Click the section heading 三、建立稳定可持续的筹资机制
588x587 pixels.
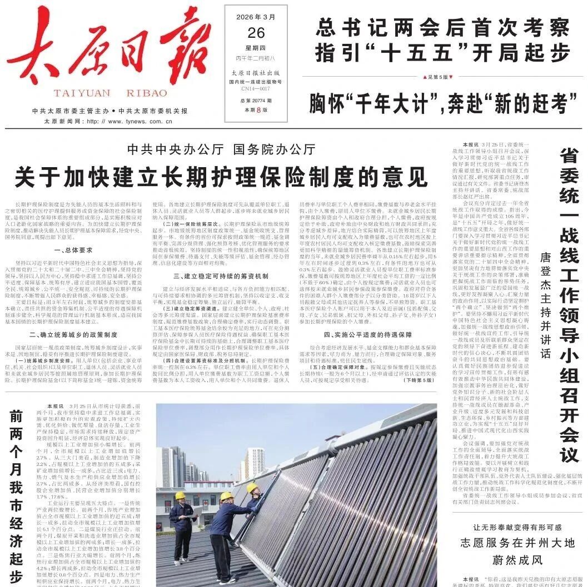pos(221,276)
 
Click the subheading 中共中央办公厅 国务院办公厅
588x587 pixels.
pos(221,149)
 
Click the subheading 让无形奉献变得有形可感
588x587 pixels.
pos(517,526)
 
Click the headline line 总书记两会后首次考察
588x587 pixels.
pos(443,26)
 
